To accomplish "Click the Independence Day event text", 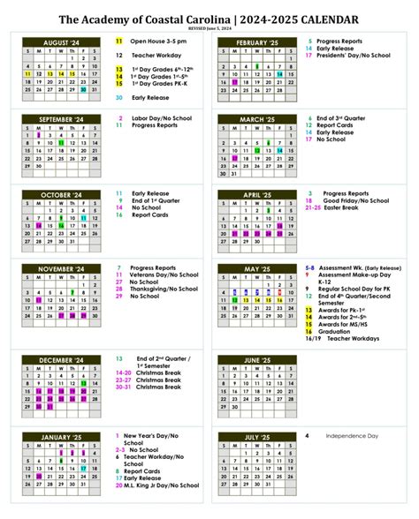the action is [353, 435].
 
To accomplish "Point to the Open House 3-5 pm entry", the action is [158, 41].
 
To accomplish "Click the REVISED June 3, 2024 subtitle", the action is [209, 28].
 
